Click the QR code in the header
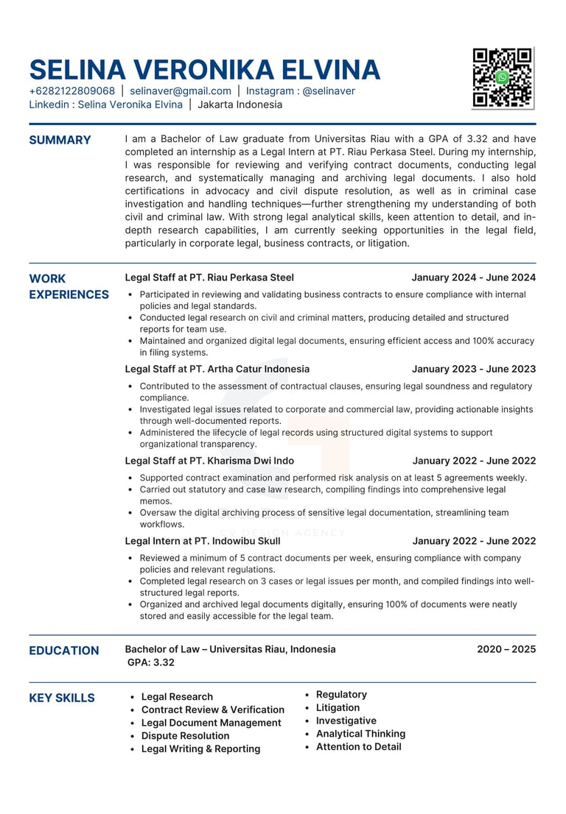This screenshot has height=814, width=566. [503, 77]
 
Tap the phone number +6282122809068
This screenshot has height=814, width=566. [72, 91]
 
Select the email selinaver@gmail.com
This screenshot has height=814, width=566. [181, 91]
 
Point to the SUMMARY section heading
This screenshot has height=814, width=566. [60, 140]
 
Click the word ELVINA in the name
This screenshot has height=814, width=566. [331, 70]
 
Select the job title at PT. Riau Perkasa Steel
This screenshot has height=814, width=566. [209, 277]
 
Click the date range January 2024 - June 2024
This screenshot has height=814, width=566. [473, 277]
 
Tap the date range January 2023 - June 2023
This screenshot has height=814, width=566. [473, 369]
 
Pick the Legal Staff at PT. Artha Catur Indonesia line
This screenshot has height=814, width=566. [217, 369]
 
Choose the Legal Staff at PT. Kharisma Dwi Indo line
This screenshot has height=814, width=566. [209, 461]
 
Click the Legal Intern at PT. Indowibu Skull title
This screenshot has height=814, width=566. [203, 541]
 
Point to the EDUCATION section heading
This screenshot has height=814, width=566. [63, 651]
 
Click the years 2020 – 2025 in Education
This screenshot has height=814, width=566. [506, 649]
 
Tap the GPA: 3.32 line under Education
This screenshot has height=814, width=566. [151, 662]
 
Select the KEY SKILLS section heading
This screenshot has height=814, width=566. [62, 698]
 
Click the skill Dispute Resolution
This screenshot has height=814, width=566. [185, 736]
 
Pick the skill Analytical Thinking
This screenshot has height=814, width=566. [360, 734]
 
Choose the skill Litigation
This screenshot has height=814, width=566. [338, 707]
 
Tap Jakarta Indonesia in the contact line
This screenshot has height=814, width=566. [240, 105]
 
